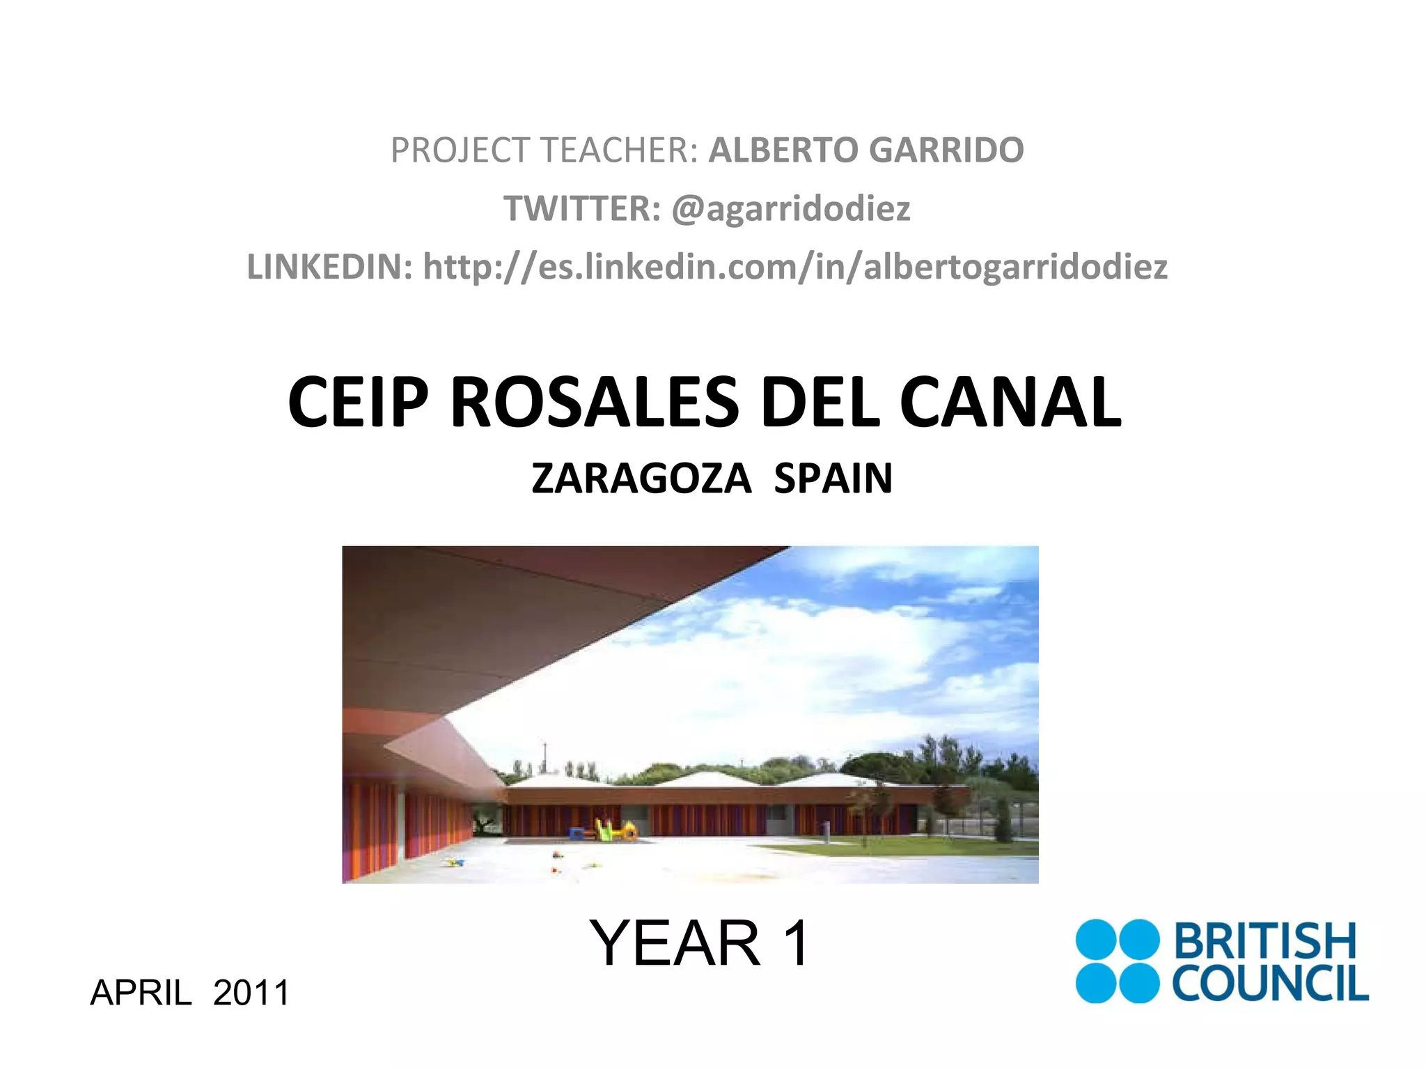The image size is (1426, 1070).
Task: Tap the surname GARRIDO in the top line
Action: pos(946,150)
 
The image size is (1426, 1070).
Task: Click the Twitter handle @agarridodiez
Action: pos(790,208)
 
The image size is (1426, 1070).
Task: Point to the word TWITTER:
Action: pos(582,208)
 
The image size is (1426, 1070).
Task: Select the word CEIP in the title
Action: pos(358,402)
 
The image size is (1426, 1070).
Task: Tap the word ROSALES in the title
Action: pos(595,402)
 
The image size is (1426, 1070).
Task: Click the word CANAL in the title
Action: pos(1010,402)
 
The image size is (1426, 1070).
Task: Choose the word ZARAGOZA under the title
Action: pos(641,479)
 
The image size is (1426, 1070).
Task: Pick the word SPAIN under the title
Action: pos(833,479)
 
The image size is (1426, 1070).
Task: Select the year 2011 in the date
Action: pos(251,992)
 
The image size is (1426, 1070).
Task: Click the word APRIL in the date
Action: pos(141,992)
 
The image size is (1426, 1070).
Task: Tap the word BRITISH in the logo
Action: pos(1265,941)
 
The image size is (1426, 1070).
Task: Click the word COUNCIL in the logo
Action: pos(1269,984)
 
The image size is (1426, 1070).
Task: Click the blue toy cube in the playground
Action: pos(577,833)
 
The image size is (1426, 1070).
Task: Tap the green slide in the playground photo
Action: pos(604,829)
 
